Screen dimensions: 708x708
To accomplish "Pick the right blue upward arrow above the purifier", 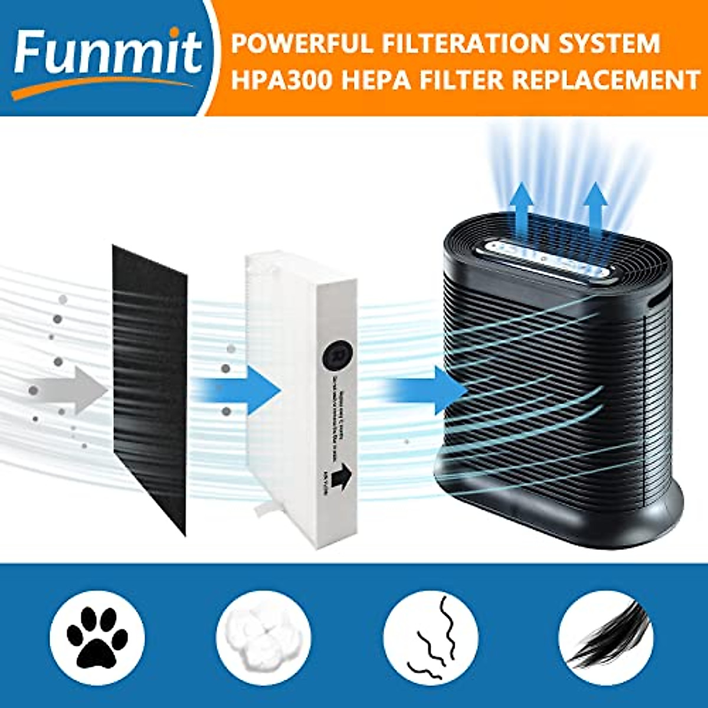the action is click(596, 206).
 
